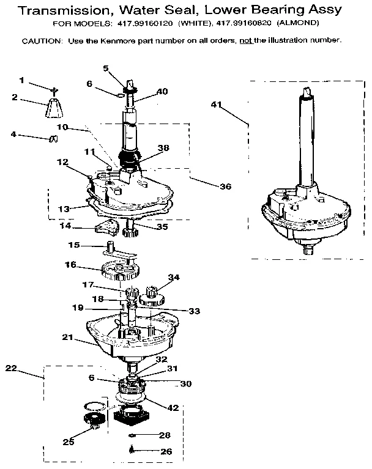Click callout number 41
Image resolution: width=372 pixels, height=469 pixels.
(x=215, y=105)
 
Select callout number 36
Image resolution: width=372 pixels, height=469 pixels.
(x=226, y=186)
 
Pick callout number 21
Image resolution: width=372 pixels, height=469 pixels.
(x=68, y=337)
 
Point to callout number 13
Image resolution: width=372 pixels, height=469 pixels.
(x=64, y=209)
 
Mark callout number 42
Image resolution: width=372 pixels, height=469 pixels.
(x=174, y=408)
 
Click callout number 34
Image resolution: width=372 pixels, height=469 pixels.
(x=174, y=278)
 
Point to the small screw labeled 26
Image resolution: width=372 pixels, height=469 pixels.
(x=132, y=450)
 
